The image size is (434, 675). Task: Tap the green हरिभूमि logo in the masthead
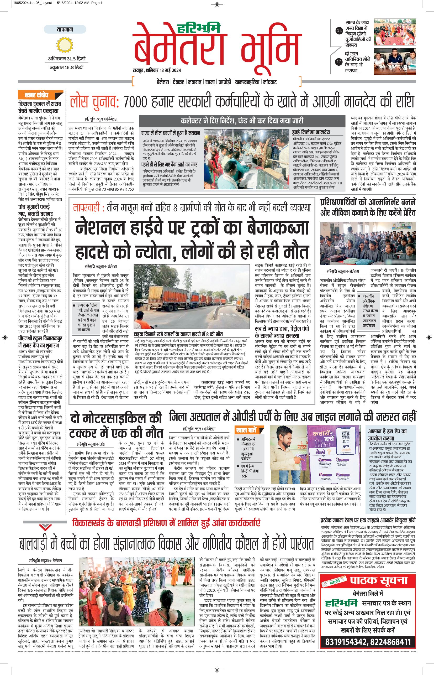(x=197, y=28)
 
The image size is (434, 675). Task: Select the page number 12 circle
(x=339, y=61)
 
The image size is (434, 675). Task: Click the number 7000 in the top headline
(x=135, y=102)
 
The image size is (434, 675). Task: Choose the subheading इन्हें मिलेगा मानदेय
(x=311, y=132)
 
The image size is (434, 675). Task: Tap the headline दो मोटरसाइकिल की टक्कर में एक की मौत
(x=116, y=425)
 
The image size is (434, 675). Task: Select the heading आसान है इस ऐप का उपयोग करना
(x=387, y=435)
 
